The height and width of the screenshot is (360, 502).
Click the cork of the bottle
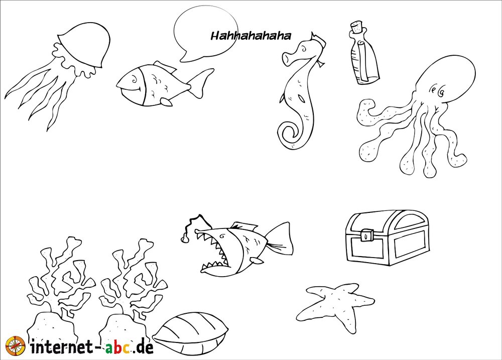coord(356,27)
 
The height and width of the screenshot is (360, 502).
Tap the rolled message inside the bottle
coord(363,61)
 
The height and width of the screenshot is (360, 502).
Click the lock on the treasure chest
coord(365,235)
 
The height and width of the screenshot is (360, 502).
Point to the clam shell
coord(190,333)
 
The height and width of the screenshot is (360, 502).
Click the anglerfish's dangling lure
coord(185,238)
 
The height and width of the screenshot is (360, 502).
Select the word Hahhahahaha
coord(250,36)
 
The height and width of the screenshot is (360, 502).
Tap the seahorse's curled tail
coord(289,135)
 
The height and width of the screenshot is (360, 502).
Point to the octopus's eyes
coord(438,91)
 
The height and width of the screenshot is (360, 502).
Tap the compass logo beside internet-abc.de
coord(15,346)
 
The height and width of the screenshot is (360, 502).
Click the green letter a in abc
coord(110,348)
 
